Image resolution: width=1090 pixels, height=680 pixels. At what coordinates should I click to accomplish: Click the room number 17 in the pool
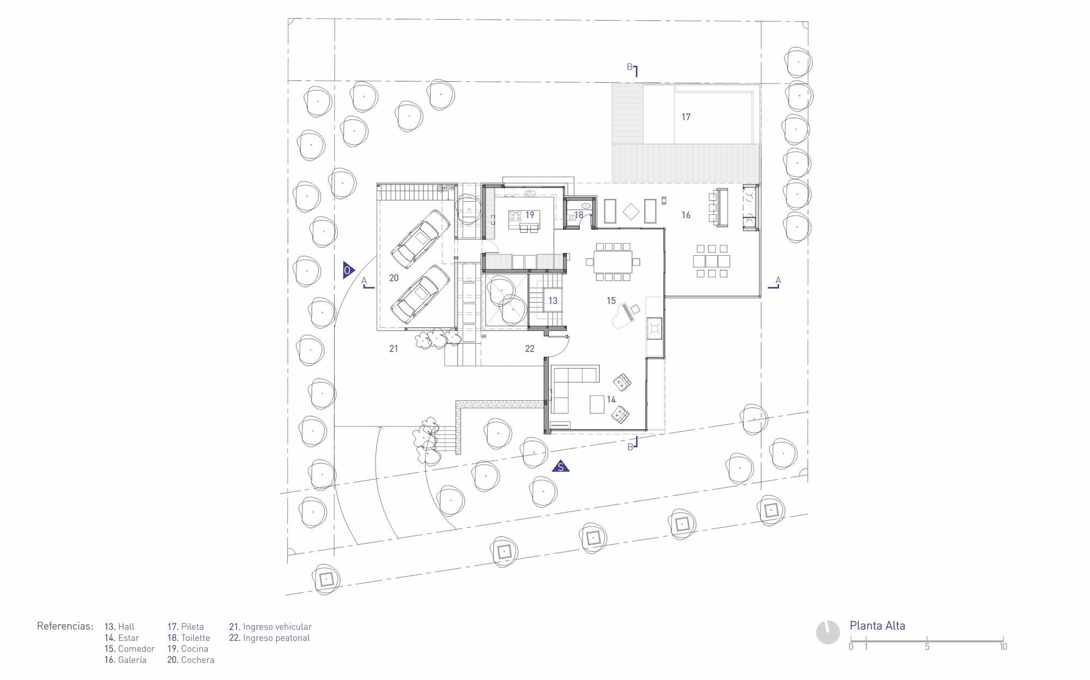tap(686, 117)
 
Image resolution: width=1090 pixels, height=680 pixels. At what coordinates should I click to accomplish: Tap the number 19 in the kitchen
tap(530, 215)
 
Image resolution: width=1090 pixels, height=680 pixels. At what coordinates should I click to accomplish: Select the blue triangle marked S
tap(560, 466)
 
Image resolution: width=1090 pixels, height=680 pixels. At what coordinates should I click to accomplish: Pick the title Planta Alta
tap(877, 625)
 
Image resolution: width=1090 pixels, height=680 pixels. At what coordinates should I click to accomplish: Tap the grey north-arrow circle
tap(828, 633)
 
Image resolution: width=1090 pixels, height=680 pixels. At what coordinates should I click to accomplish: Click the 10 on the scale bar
tap(1003, 647)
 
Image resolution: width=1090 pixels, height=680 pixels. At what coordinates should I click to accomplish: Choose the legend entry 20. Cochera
tap(191, 660)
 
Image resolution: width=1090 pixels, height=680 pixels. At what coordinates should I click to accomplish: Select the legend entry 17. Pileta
tap(185, 627)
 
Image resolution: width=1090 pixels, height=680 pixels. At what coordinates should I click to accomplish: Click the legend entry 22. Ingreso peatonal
tap(269, 638)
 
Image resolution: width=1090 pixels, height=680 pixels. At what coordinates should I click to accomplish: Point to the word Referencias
tap(65, 625)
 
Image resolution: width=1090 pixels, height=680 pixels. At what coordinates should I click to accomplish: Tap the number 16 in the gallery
tap(686, 215)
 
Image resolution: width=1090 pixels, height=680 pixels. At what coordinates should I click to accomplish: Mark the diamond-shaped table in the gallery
tap(631, 211)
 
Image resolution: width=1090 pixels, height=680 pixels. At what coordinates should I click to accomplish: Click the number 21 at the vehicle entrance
tap(393, 348)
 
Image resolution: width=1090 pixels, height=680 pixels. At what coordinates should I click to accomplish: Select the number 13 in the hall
tap(553, 300)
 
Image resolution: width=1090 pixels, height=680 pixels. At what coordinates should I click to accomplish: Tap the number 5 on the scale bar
tap(927, 647)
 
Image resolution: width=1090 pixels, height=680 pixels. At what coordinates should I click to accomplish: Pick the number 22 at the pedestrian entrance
tap(530, 348)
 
